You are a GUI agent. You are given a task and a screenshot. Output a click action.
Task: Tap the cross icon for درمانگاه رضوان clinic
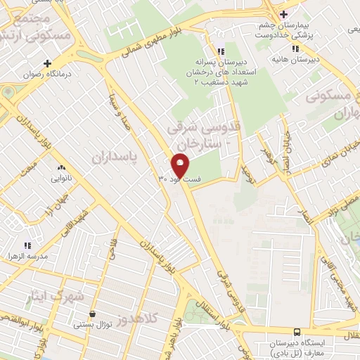(47, 63)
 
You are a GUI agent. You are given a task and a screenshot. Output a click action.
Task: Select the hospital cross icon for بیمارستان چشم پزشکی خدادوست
(283, 14)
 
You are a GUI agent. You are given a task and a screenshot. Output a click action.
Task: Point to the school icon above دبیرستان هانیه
(295, 49)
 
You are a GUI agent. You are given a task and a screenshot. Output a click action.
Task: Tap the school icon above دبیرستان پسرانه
(221, 51)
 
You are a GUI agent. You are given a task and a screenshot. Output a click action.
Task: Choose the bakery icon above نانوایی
(60, 167)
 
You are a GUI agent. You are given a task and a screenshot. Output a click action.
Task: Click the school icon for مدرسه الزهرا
(27, 245)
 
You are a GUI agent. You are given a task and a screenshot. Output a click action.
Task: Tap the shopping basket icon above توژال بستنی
(93, 314)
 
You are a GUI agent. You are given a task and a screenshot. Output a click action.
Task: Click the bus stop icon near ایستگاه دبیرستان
(297, 331)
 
